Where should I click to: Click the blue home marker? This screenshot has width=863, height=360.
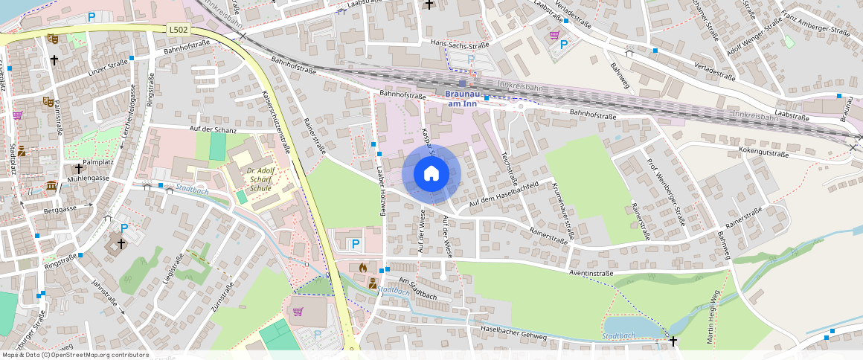point(431,174)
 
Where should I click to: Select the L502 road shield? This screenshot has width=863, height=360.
point(179,29)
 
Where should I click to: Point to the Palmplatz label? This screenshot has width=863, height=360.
point(97,161)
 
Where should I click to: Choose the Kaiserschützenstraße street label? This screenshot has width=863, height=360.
point(276,122)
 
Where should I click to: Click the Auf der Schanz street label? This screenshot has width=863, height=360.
point(213,130)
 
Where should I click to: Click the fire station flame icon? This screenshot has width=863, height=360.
point(363,266)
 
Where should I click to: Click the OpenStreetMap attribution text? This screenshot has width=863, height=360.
point(74,355)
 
